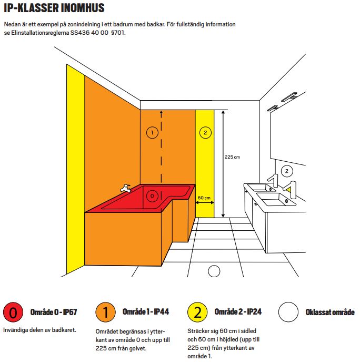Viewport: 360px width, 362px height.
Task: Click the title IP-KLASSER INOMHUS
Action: point(54,8)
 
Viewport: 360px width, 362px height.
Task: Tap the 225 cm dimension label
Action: point(232,157)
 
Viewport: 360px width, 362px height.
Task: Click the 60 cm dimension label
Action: point(204,198)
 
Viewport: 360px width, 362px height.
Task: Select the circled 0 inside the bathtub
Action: point(152,196)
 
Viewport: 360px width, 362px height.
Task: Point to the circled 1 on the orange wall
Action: point(152,132)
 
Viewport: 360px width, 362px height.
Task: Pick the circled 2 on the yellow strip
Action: point(205,132)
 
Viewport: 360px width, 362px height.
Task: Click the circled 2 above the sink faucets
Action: point(287,171)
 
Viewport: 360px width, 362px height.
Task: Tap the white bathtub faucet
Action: point(126,188)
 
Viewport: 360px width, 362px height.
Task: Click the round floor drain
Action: point(214,271)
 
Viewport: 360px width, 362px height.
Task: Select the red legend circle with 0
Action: point(13,312)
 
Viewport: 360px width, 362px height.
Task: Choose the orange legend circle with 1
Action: point(105,312)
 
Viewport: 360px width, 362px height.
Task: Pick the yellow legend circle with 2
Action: point(197,312)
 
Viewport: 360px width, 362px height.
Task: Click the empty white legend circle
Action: point(288,312)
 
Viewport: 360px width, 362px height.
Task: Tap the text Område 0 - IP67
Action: point(54,312)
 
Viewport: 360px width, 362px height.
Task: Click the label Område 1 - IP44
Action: point(146,311)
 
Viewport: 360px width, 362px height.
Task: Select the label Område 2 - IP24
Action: point(238,311)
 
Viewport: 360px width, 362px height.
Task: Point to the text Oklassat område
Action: point(330,312)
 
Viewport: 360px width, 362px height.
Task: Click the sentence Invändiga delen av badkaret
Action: point(39,330)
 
